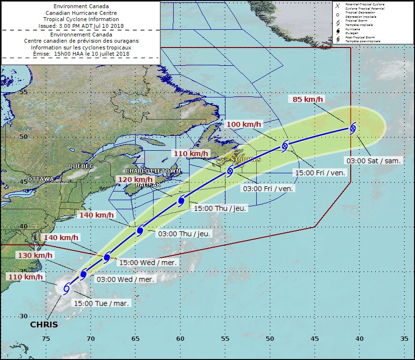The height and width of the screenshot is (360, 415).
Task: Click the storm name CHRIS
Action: pos(44,325)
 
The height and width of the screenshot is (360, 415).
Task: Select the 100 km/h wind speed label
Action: pos(245,124)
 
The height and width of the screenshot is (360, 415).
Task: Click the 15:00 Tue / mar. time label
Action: pos(101,303)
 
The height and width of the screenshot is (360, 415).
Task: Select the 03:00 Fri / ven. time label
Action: pos(268,189)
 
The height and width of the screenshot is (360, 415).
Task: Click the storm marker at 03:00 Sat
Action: pos(353,128)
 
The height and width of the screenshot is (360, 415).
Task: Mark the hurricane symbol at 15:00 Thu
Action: pos(181,201)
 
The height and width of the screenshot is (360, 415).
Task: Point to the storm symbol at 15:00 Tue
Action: pos(66,288)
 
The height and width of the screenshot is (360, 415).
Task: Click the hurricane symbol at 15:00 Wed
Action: pos(107,258)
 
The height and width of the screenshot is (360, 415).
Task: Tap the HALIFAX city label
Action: pos(147,184)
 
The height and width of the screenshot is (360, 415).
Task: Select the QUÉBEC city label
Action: pos(81,166)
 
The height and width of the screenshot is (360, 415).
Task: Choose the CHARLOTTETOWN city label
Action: pos(153,171)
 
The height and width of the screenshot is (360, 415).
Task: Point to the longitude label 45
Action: pos(314,338)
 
